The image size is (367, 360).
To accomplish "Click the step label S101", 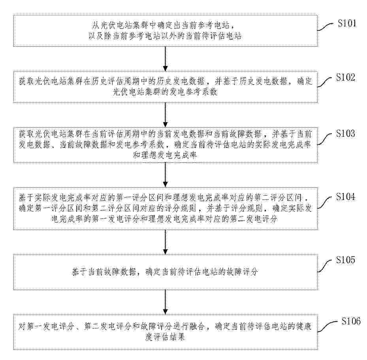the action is click(x=347, y=23).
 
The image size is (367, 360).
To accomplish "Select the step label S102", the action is click(x=345, y=77).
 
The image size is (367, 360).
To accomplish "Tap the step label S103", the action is click(x=345, y=133).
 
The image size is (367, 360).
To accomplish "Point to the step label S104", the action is click(x=345, y=197).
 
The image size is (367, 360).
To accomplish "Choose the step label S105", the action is click(x=345, y=260).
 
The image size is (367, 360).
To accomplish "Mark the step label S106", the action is click(x=351, y=321).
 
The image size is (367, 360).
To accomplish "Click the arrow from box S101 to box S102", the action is click(x=166, y=59).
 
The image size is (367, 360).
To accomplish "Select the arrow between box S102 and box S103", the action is click(x=166, y=115).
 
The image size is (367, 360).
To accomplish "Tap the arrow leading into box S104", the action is click(x=166, y=175).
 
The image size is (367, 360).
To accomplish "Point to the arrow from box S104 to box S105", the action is click(x=166, y=242).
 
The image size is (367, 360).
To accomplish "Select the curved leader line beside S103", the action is click(x=324, y=139).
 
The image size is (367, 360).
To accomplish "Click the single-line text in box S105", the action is click(x=165, y=272).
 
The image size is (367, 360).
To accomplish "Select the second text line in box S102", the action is click(x=165, y=92).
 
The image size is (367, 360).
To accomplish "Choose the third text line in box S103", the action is click(x=165, y=155).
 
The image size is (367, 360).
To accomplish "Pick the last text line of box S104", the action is click(x=165, y=219).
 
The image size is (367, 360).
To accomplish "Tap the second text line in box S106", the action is click(x=165, y=337).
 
